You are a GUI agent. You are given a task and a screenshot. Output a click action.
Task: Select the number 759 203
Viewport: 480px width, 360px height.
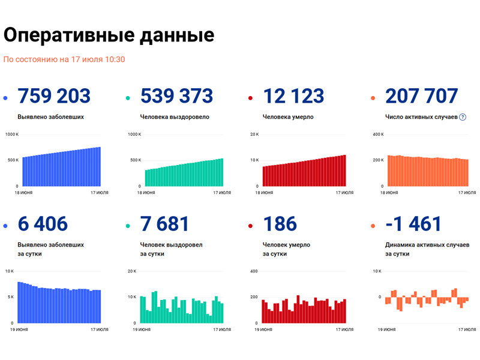54,95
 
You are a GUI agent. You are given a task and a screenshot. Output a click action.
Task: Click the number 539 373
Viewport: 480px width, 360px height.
176,95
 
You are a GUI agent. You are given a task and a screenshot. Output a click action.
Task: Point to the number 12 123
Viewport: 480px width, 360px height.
294,95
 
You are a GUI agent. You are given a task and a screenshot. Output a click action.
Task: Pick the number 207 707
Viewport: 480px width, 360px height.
422,95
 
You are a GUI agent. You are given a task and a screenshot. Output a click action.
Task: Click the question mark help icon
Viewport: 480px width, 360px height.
463,117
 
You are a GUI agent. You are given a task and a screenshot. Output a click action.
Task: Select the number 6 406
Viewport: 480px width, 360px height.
43,224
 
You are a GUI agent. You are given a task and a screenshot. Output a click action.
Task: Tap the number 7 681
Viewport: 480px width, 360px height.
164,224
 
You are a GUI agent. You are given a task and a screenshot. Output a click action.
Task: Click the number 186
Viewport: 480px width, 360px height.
280,224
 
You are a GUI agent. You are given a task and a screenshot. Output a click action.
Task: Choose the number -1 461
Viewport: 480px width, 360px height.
413,224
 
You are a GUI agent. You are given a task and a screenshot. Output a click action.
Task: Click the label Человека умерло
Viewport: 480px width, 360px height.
288,117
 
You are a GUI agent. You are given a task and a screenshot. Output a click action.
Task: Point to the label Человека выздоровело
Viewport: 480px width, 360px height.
175,117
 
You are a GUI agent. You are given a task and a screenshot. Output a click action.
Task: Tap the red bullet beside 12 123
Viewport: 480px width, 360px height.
250,98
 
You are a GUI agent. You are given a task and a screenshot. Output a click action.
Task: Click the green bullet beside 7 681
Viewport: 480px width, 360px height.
128,226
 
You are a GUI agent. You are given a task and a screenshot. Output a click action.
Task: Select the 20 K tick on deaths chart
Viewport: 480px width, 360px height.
254,134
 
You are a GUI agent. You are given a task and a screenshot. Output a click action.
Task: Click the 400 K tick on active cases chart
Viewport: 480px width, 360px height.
378,134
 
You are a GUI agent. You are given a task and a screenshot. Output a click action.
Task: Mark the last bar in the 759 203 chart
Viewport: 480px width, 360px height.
99,166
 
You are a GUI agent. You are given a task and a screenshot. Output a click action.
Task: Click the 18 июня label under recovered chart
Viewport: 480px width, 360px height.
146,193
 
